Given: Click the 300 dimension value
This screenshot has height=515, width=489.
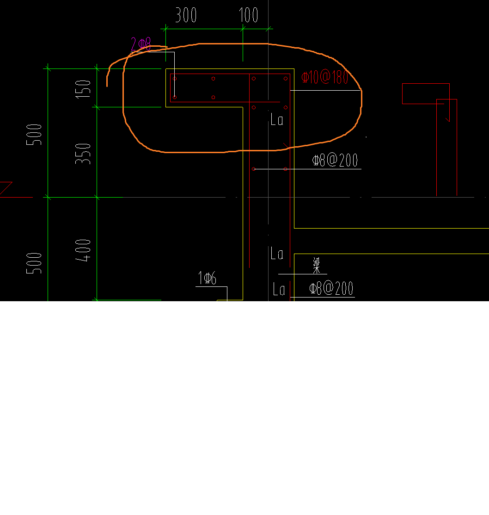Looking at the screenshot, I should pos(186,16).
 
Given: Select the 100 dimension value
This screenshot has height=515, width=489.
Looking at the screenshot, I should pos(249,16).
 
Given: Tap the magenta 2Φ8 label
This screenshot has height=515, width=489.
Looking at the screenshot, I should pos(141,45).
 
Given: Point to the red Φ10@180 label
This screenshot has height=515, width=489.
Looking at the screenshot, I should pos(324,77).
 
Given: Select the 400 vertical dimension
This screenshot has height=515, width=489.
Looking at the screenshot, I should pos(84,250).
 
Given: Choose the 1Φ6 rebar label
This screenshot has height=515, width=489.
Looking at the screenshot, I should pos(207,279).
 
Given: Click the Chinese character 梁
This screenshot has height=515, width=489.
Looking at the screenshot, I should pos(317,265).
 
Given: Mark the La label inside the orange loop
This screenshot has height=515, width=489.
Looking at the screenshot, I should pos(277,120).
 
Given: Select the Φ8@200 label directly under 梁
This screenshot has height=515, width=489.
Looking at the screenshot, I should pos(331,289).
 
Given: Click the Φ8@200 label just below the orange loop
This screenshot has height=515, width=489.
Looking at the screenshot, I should pos(335,161).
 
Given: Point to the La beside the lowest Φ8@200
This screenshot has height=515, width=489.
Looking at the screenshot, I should pos(279,290).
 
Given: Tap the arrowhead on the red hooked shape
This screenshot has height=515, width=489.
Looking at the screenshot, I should pos(447,119).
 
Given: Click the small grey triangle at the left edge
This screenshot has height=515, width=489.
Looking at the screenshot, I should pos(6,188).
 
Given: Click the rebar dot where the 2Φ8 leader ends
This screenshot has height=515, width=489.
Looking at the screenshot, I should pos(175,97).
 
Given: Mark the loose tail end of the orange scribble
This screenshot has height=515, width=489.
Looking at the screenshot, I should pos(107,85).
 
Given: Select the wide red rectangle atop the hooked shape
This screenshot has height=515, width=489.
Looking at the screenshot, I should pos(425,93).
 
